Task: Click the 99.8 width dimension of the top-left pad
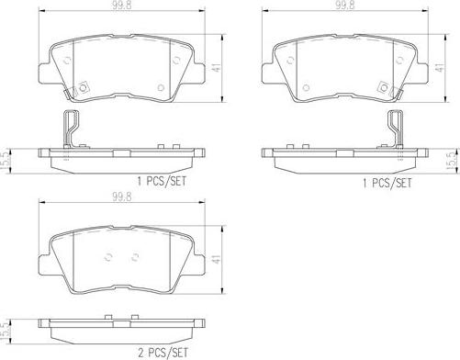coord(121,6)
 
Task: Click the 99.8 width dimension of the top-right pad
coord(344,6)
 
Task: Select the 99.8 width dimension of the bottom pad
coord(121,197)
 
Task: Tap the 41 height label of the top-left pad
coord(217,68)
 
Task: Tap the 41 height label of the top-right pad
coord(440,68)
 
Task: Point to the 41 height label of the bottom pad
coord(217,259)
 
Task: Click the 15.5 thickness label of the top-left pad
coord(5,161)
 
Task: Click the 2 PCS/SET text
coord(163,353)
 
